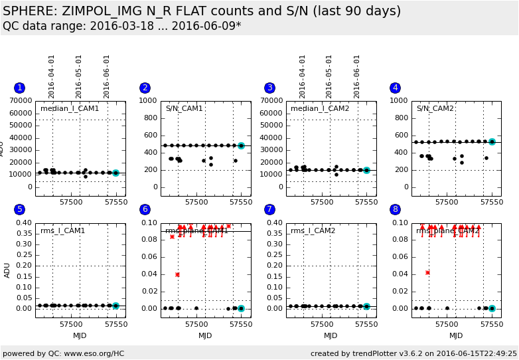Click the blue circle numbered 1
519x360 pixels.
19,88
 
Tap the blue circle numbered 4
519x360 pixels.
396,88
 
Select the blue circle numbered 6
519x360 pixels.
145,209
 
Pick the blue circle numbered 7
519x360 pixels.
270,209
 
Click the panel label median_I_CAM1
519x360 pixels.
70,108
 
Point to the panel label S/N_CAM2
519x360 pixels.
435,108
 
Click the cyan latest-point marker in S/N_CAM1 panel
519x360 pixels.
241,145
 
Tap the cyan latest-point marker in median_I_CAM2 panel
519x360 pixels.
366,170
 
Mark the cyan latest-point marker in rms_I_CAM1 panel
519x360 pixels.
115,306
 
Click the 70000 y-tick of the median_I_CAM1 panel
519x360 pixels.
21,101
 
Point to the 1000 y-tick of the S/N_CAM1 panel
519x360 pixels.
149,101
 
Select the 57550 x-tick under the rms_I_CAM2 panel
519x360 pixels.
366,324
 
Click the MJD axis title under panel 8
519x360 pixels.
456,335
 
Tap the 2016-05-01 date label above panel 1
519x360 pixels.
79,76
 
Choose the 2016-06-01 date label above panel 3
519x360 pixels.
357,76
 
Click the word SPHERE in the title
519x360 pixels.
31,11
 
